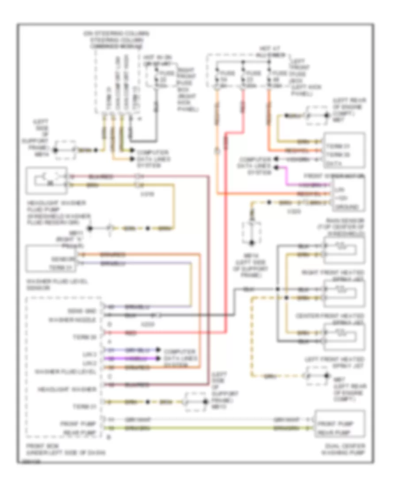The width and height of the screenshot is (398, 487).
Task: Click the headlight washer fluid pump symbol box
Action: click(46, 180)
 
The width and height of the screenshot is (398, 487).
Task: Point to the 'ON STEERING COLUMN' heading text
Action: click(117, 33)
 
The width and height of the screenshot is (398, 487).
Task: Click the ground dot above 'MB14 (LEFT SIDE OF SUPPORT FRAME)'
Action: click(253, 243)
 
